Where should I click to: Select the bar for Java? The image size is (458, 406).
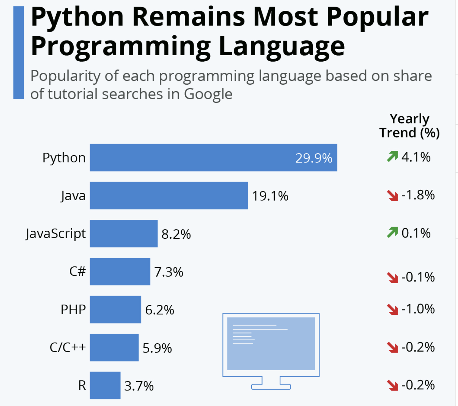pos(169,195)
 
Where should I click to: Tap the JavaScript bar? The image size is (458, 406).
pos(124,234)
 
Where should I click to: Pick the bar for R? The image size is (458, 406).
pos(105,385)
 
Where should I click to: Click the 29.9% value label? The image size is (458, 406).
pos(314,158)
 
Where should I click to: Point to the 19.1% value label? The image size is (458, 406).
pos(270,196)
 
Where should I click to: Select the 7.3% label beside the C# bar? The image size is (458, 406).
pos(169,272)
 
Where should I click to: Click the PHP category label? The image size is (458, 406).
pos(73,310)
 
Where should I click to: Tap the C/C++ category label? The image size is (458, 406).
pos(68,347)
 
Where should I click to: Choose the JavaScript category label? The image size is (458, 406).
pos(56,234)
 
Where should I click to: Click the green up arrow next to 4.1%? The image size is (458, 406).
pos(392,156)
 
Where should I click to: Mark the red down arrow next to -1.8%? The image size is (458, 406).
pos(393,195)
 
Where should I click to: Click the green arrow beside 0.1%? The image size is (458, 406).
pos(392,232)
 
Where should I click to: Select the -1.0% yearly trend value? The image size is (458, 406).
pos(418,309)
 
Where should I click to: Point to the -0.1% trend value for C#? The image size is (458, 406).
pos(418,277)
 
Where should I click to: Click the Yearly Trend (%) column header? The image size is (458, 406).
pos(409,126)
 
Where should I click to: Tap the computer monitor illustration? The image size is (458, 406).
pos(271,350)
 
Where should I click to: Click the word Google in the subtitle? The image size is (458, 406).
pos(208,94)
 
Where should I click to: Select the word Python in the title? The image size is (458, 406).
pos(77,17)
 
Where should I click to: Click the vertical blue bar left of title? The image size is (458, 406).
pos(19,53)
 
